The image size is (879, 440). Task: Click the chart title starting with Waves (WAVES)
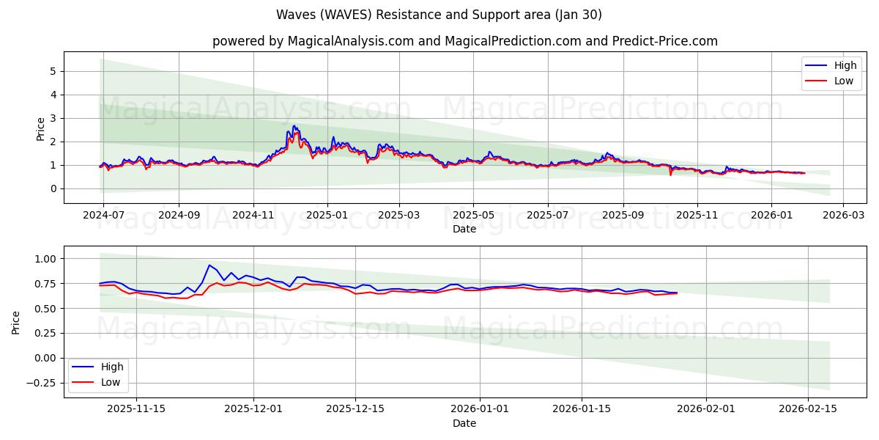tap(439, 15)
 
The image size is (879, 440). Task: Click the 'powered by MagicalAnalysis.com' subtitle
tap(464, 41)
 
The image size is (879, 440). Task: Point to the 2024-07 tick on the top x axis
tap(103, 215)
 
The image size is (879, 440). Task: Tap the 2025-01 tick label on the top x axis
tap(327, 215)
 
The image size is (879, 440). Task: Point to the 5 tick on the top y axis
tap(53, 71)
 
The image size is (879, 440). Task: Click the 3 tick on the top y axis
tap(53, 118)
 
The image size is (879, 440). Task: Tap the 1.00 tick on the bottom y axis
tap(45, 259)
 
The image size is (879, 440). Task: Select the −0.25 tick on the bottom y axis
tap(42, 383)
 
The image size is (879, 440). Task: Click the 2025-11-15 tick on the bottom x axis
tap(136, 409)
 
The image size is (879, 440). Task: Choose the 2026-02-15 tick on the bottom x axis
tap(808, 409)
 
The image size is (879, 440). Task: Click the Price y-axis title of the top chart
tap(41, 128)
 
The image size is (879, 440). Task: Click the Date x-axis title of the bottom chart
tap(464, 423)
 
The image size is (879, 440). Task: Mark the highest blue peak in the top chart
tap(294, 126)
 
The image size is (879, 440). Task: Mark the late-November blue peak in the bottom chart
tap(209, 265)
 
